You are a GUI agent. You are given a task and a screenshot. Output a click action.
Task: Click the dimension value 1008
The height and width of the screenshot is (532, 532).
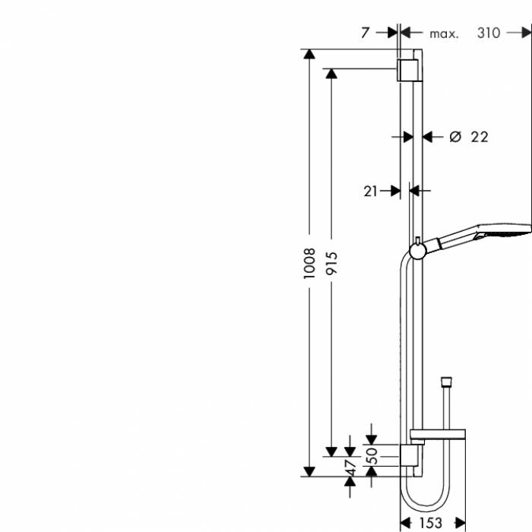pos(309,264)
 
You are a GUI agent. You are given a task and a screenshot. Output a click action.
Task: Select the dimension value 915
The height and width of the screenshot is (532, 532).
pos(332,264)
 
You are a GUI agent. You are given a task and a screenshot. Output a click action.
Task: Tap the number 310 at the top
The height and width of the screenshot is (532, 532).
pos(489,33)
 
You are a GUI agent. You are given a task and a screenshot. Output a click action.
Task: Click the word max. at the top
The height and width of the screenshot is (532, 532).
pos(444,33)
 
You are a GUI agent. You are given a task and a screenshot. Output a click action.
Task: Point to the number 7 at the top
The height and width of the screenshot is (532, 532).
pos(366,32)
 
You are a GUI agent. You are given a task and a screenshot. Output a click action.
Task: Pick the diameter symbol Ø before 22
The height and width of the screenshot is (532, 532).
pos(454,137)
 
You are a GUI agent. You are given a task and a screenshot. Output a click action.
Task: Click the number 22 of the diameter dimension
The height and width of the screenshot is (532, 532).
pos(479,137)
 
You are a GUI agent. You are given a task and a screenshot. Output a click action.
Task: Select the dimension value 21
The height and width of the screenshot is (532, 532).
pos(370,192)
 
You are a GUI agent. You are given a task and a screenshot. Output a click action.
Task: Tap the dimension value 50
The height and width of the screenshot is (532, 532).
pos(372,456)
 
